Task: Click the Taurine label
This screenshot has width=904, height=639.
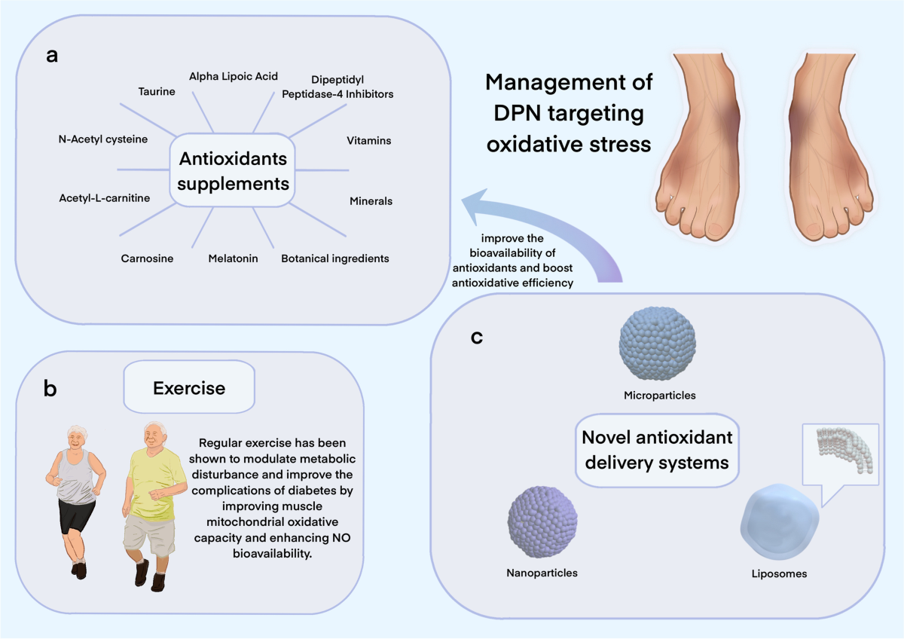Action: [157, 92]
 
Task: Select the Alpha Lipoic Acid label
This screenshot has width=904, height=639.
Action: [234, 76]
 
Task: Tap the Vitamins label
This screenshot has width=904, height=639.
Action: [369, 140]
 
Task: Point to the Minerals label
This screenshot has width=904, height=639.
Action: [371, 201]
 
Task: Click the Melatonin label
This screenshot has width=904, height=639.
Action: [233, 258]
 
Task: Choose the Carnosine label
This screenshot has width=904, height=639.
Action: [147, 258]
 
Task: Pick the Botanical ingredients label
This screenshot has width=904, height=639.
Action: [335, 258]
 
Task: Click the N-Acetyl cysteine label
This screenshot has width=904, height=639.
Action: [103, 139]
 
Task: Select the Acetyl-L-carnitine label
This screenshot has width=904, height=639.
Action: [105, 198]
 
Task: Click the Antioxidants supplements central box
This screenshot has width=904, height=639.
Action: [233, 170]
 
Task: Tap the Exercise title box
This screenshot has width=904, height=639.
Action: [189, 387]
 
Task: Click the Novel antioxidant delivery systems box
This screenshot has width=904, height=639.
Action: [657, 450]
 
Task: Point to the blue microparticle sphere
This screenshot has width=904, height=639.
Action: [658, 344]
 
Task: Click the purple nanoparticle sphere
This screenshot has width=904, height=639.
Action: [542, 522]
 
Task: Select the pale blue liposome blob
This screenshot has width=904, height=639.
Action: [779, 522]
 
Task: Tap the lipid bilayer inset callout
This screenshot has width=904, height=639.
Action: [840, 454]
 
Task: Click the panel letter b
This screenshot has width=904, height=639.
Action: [50, 389]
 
